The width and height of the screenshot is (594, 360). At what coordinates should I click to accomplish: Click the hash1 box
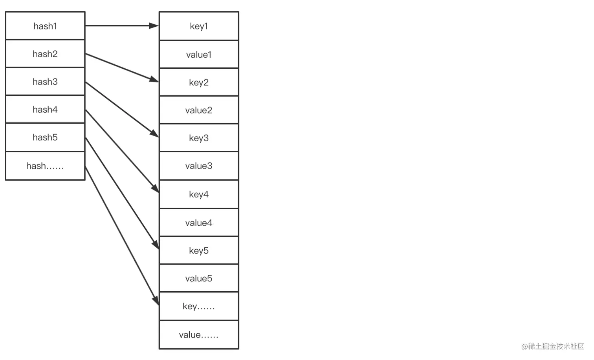[x=45, y=26]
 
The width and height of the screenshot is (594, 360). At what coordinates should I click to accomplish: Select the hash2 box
[x=45, y=54]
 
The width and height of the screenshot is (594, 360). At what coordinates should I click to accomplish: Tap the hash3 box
[x=45, y=82]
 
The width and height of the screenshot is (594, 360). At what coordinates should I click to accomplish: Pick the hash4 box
[x=45, y=110]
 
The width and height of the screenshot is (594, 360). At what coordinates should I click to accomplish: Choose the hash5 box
[x=45, y=137]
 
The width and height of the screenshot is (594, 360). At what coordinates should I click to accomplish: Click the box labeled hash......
[x=45, y=166]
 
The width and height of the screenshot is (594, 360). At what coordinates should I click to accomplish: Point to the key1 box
[x=199, y=26]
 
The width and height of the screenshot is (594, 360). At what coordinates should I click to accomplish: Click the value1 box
[x=199, y=55]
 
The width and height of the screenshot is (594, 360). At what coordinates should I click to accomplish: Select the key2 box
[x=199, y=82]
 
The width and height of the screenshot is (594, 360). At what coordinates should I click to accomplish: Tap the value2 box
[x=199, y=110]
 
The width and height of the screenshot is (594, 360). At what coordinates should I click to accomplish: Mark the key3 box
[x=199, y=138]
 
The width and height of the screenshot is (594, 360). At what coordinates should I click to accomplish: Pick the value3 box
[x=199, y=166]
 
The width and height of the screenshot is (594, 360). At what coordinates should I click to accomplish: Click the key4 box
[x=199, y=194]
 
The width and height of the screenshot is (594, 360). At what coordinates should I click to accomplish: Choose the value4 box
[x=199, y=223]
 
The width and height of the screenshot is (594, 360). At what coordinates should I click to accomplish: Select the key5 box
[x=199, y=250]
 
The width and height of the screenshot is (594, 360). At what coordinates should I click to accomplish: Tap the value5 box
[x=199, y=278]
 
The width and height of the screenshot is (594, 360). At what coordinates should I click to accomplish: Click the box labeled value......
[x=199, y=335]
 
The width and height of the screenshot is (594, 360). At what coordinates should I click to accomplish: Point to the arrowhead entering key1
[x=154, y=26]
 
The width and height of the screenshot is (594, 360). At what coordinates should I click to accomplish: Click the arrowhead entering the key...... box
[x=156, y=301]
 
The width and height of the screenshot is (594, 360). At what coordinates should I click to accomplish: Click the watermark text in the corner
[x=553, y=346]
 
